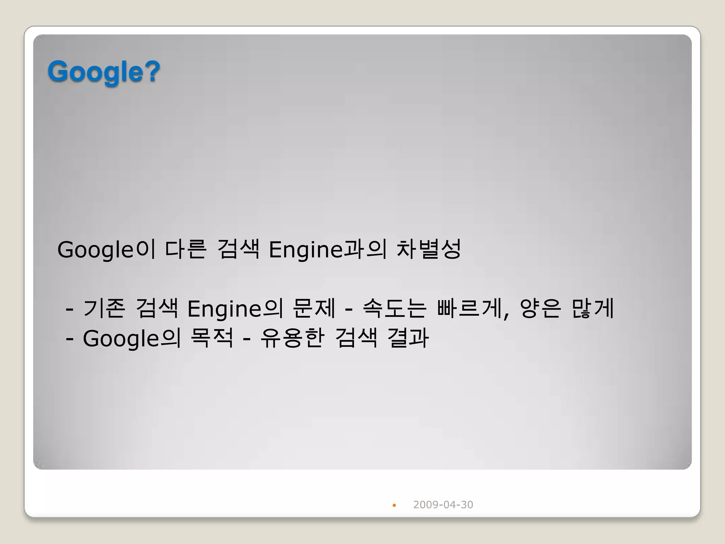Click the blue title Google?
pyautogui.click(x=104, y=72)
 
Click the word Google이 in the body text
pyautogui.click(x=106, y=249)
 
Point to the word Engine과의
pyautogui.click(x=327, y=249)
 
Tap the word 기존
pyautogui.click(x=104, y=308)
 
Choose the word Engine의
pyautogui.click(x=235, y=308)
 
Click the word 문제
pyautogui.click(x=314, y=308)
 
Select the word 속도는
pyautogui.click(x=394, y=308)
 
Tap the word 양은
pyautogui.click(x=540, y=308)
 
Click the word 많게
pyautogui.click(x=593, y=308)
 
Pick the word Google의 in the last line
pyautogui.click(x=132, y=338)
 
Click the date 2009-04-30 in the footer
pyautogui.click(x=443, y=505)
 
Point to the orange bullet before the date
pyautogui.click(x=394, y=505)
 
